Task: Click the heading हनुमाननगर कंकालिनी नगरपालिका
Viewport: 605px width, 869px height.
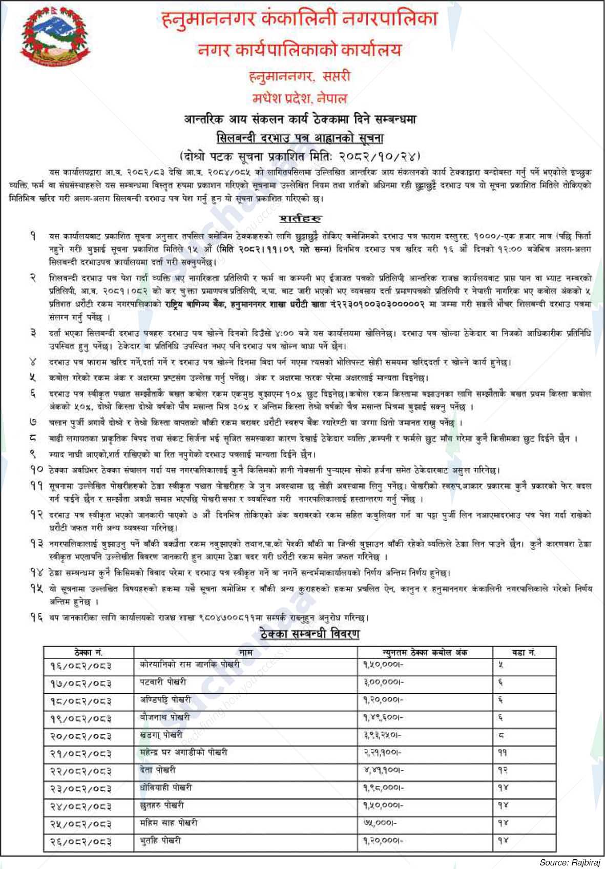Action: (299, 19)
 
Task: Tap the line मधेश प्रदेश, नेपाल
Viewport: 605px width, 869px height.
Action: (299, 98)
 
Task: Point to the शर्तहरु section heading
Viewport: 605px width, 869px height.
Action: (300, 219)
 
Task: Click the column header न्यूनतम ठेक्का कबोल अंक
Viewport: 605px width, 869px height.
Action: (425, 652)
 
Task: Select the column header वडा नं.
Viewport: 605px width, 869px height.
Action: (524, 652)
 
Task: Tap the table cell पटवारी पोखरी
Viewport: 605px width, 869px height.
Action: (163, 682)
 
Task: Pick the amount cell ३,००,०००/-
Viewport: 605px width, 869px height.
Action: (384, 682)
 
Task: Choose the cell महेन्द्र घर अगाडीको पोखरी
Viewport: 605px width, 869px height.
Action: (183, 753)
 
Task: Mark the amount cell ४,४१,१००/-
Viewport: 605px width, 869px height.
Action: (384, 770)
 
